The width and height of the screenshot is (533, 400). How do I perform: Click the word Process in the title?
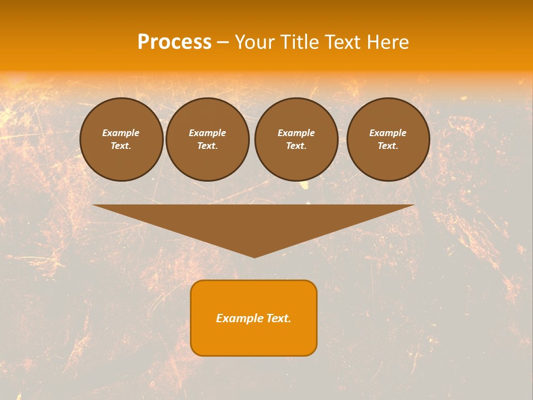[174, 42]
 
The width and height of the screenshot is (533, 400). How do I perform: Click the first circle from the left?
[122, 139]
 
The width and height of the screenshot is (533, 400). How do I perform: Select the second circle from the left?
[208, 139]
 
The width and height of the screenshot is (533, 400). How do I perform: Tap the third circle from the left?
[296, 139]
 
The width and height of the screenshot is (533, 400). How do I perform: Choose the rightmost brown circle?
[388, 139]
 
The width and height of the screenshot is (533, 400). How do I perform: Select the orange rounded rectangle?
[254, 318]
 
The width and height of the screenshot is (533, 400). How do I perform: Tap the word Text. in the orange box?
[278, 318]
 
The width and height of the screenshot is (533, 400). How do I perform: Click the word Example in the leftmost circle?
[121, 133]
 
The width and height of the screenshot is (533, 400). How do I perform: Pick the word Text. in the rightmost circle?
[388, 146]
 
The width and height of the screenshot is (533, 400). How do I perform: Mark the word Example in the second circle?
[208, 133]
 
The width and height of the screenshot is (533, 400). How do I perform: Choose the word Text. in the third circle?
[296, 146]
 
